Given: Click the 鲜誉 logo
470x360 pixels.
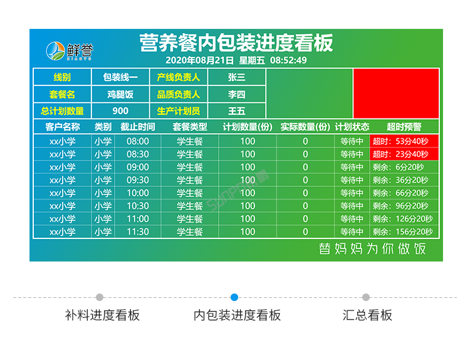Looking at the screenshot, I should pyautogui.click(x=70, y=50).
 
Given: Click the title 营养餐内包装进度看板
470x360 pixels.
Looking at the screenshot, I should pyautogui.click(x=236, y=43).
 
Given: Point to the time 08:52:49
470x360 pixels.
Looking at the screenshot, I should pyautogui.click(x=288, y=60).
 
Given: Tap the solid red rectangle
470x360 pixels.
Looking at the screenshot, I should pyautogui.click(x=395, y=93).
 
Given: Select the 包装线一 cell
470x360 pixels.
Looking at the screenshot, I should pyautogui.click(x=120, y=77).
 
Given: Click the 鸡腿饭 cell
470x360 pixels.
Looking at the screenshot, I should pyautogui.click(x=120, y=94).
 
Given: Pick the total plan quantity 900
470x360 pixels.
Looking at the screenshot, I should pyautogui.click(x=120, y=111).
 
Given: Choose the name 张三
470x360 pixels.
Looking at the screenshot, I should pyautogui.click(x=236, y=77).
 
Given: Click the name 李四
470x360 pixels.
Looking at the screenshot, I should pyautogui.click(x=236, y=94).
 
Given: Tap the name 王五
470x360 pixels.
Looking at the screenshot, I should pyautogui.click(x=236, y=111).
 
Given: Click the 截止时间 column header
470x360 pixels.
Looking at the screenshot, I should pyautogui.click(x=138, y=127).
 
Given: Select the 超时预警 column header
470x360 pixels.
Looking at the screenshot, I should pyautogui.click(x=404, y=127).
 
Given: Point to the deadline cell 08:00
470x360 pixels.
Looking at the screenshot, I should pyautogui.click(x=138, y=141).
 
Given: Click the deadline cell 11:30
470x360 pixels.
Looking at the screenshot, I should pyautogui.click(x=138, y=231).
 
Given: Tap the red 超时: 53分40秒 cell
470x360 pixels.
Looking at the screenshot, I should pyautogui.click(x=404, y=141).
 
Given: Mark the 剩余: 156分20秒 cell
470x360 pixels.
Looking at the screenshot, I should pyautogui.click(x=404, y=231).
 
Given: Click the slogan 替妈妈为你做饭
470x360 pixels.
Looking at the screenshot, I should pyautogui.click(x=372, y=248).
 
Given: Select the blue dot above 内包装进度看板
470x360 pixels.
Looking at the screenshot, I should pyautogui.click(x=234, y=297).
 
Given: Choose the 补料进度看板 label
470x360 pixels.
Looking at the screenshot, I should pyautogui.click(x=102, y=315).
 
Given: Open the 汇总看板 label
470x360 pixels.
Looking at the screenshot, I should pyautogui.click(x=367, y=315).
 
